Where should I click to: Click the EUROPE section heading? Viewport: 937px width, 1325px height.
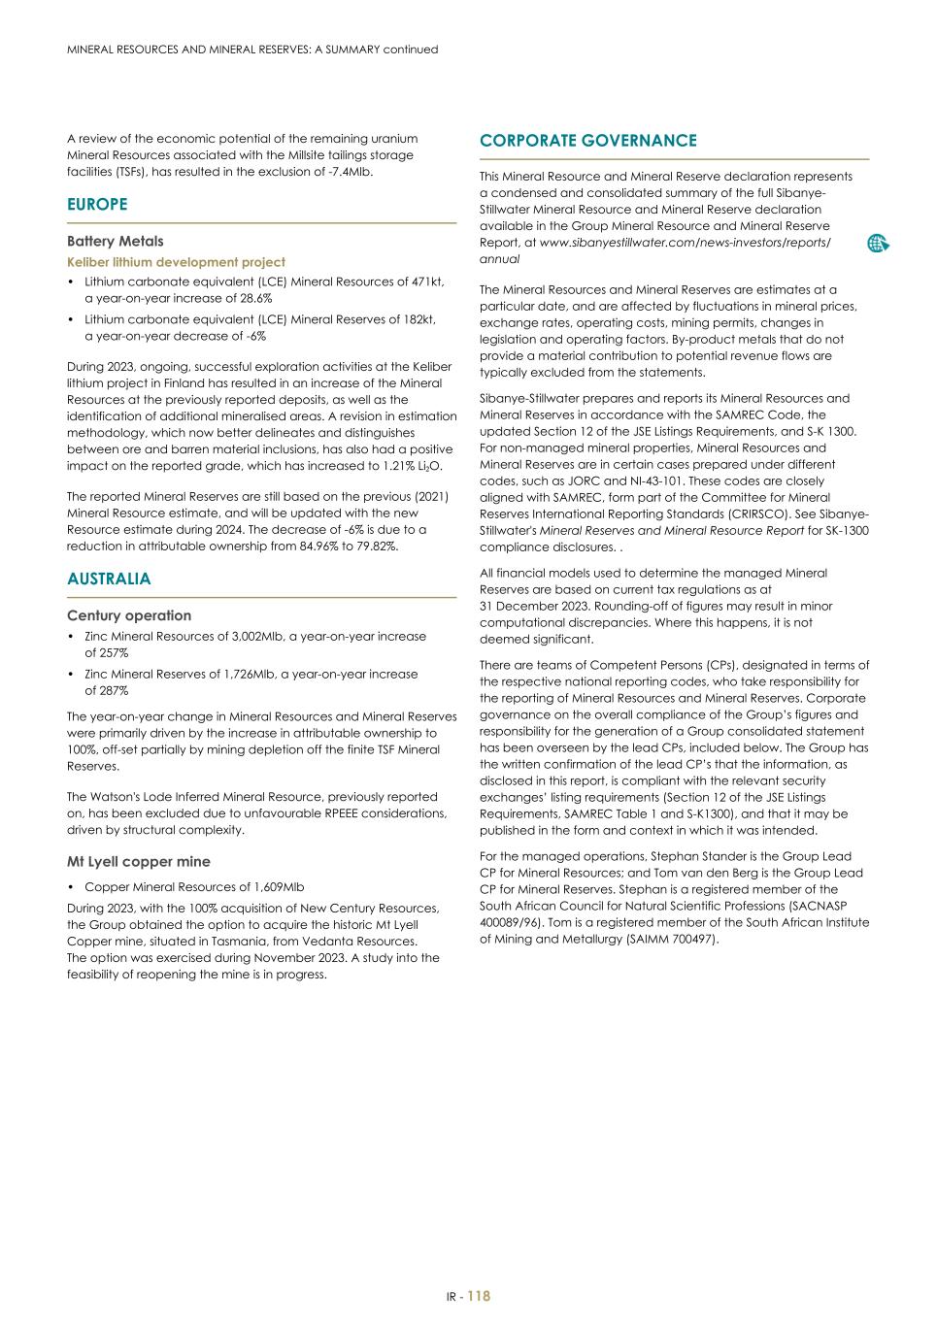click(x=97, y=205)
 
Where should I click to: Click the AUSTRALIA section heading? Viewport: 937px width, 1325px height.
click(x=109, y=580)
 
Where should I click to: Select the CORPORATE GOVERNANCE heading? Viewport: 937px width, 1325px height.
click(x=587, y=141)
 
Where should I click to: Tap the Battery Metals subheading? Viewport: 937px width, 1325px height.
click(x=115, y=242)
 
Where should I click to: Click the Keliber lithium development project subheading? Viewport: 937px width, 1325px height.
click(x=176, y=262)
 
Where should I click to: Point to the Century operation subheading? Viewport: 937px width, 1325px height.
click(x=128, y=615)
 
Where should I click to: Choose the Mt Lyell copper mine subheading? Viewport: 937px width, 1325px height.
click(x=138, y=862)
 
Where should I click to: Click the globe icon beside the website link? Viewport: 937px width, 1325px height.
click(x=878, y=244)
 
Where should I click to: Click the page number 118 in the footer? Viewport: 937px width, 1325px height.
click(x=479, y=1296)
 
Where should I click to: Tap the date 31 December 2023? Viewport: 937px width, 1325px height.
click(x=537, y=607)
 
